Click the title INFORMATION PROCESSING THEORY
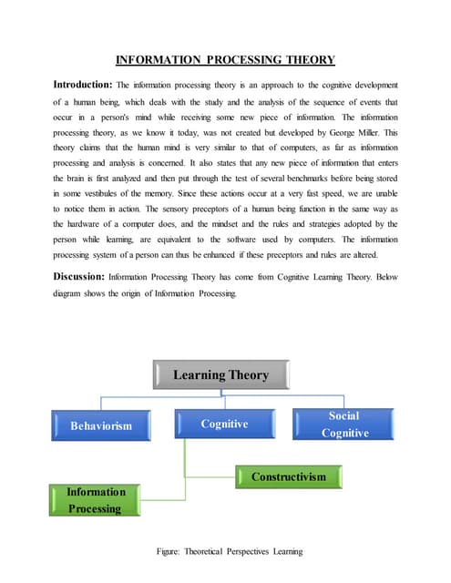click(225, 61)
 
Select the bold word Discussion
click(78, 274)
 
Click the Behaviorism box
click(101, 425)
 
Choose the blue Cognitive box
click(224, 424)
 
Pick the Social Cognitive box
click(344, 424)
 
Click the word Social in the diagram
click(344, 415)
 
